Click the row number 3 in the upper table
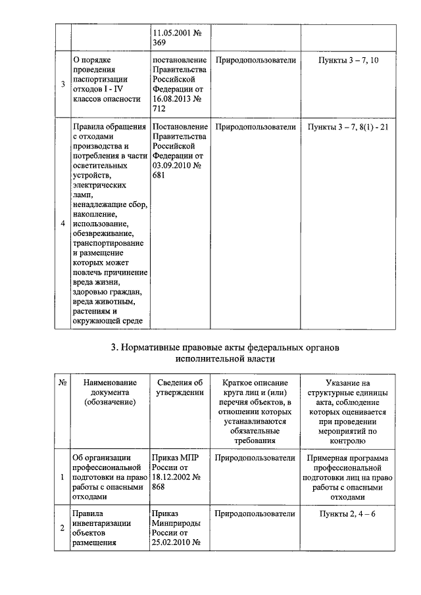click(62, 84)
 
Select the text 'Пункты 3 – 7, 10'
click(348, 60)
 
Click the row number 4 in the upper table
click(62, 224)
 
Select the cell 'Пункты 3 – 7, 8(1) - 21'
click(348, 127)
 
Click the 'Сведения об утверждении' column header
click(180, 387)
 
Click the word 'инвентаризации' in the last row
click(103, 523)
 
